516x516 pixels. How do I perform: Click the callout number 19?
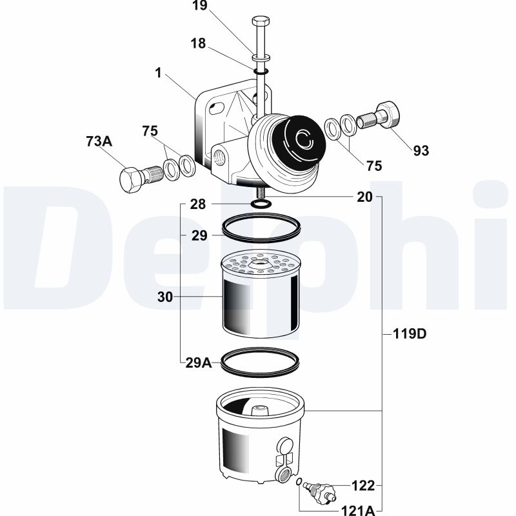point(200,5)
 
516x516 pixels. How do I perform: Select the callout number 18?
point(198,43)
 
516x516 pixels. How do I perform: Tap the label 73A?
point(99,141)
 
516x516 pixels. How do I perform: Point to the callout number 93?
point(421,151)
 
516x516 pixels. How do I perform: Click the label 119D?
point(410,334)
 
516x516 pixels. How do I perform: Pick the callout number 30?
point(165,297)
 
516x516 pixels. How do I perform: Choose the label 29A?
point(199,362)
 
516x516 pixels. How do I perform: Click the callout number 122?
point(363,486)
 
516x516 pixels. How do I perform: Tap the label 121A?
point(359,510)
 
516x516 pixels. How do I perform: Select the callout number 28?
point(198,204)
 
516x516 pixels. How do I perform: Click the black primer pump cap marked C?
point(299,139)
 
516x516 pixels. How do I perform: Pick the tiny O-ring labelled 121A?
point(299,482)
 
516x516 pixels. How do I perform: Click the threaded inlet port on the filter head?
point(219,157)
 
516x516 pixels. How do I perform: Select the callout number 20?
point(364,197)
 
